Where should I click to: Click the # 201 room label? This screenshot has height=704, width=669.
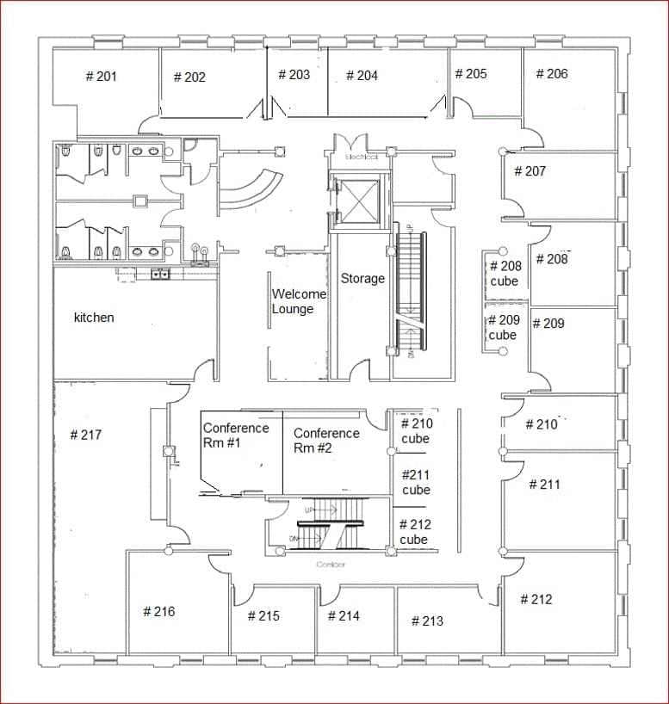tap(102, 77)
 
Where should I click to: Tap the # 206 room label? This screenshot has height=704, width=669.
tap(552, 74)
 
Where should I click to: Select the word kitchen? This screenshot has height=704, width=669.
tap(94, 318)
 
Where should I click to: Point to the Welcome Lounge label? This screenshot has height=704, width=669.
tap(299, 301)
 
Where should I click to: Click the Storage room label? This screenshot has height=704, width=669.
tap(362, 279)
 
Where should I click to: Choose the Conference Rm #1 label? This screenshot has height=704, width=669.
tap(236, 435)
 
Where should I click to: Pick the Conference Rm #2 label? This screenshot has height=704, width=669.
tap(326, 441)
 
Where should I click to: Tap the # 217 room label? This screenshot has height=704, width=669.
tap(85, 435)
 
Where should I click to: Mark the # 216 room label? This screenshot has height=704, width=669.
tap(158, 612)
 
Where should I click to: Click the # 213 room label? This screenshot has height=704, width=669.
tap(427, 621)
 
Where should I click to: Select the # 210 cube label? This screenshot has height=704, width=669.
tap(417, 431)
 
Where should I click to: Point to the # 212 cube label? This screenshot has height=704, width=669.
tap(415, 532)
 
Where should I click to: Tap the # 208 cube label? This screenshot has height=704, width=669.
tap(505, 274)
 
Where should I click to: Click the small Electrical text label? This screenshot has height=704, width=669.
tap(362, 157)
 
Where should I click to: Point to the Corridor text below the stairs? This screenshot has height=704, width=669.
tap(331, 565)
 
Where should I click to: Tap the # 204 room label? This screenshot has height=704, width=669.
tap(362, 76)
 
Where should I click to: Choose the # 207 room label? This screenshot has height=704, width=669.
tap(530, 171)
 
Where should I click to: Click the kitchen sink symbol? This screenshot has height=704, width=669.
tap(159, 275)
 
